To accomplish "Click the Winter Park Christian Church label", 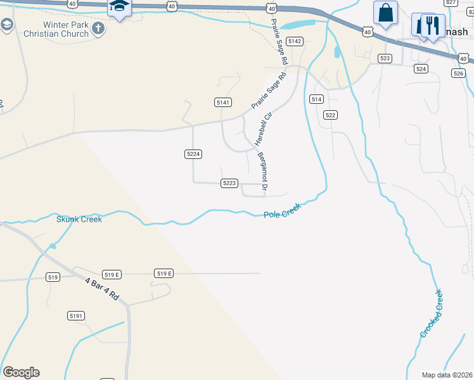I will [61, 34].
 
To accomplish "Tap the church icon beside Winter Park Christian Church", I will [98, 28].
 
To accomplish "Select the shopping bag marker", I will [385, 13].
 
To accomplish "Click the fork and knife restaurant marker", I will [433, 26].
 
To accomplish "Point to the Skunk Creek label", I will [79, 219].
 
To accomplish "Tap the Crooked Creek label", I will [431, 313].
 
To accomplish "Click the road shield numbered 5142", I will [295, 41].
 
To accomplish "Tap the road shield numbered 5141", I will [223, 102].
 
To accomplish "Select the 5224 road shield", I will [193, 154].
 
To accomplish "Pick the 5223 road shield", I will [229, 183].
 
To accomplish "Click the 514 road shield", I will [317, 99].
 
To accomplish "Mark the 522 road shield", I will [330, 115].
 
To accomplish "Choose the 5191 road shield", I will [76, 315].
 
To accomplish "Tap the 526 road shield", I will [459, 73].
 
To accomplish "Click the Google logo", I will [21, 372].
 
